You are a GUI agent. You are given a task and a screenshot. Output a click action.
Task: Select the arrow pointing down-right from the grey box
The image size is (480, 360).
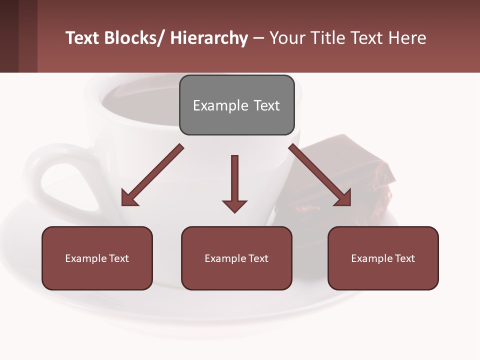[x=320, y=175]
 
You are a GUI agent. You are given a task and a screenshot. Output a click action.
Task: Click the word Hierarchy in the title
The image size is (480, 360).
[x=209, y=38]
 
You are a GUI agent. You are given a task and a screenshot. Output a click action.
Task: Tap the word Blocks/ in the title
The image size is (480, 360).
[x=133, y=38]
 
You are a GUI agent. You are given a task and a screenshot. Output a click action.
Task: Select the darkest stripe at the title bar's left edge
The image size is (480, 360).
[x=9, y=36]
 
